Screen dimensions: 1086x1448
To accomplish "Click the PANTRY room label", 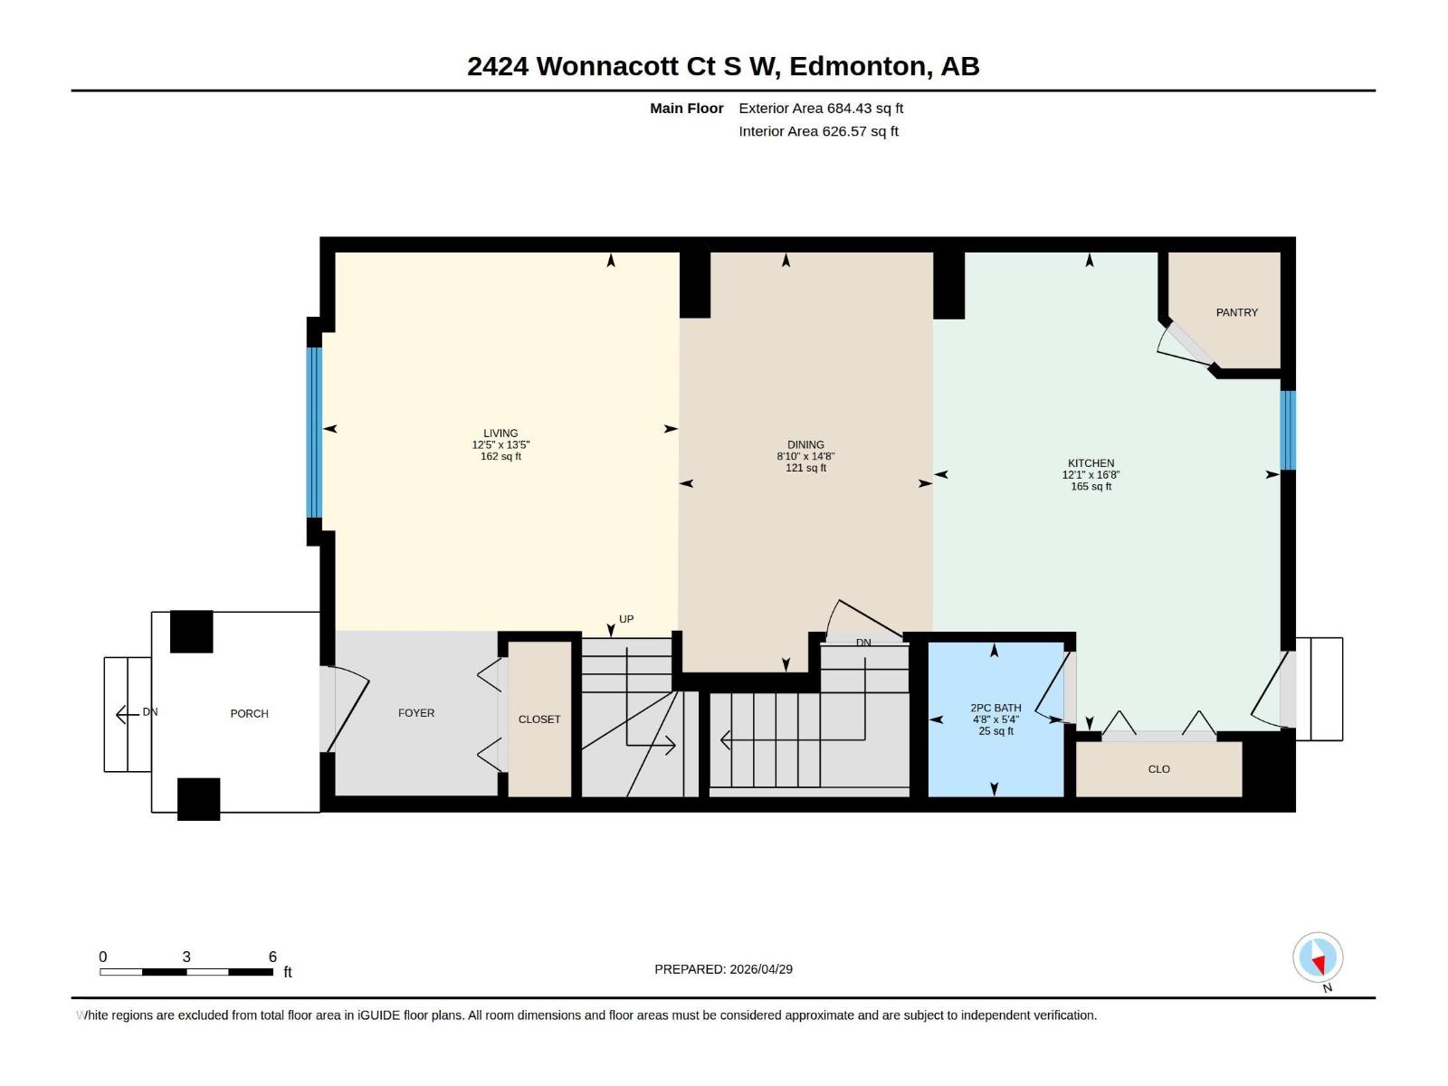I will tap(1236, 312).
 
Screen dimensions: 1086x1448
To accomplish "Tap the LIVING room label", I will tap(500, 433).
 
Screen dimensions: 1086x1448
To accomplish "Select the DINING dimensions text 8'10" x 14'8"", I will tap(805, 457).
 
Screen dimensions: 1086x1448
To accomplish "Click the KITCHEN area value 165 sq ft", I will tap(1091, 487).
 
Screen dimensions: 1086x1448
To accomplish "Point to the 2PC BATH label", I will tap(995, 709).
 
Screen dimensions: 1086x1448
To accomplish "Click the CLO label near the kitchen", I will tap(1158, 769).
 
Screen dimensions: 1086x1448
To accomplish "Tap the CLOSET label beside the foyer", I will tap(539, 719).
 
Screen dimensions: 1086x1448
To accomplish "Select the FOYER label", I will tap(416, 713).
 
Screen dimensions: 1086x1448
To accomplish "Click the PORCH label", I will tap(249, 714).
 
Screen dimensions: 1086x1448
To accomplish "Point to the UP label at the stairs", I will tap(626, 620).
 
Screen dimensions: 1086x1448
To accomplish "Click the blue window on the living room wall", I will tap(314, 433).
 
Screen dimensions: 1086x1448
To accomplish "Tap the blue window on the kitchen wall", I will tap(1288, 430).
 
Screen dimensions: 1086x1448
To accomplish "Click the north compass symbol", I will tap(1318, 958).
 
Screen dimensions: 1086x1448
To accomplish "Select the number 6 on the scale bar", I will tap(272, 957).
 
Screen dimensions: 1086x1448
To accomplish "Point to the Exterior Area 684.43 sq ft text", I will tap(821, 109).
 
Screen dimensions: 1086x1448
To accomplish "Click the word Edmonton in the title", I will tap(859, 66).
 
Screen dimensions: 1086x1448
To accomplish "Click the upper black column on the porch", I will tap(192, 632).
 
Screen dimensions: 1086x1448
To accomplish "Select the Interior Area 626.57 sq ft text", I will tap(818, 131).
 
